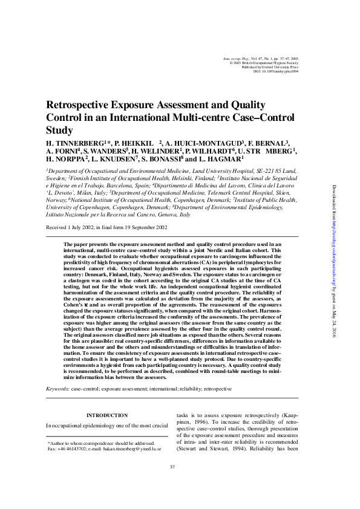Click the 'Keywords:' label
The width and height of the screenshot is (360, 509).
58,390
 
